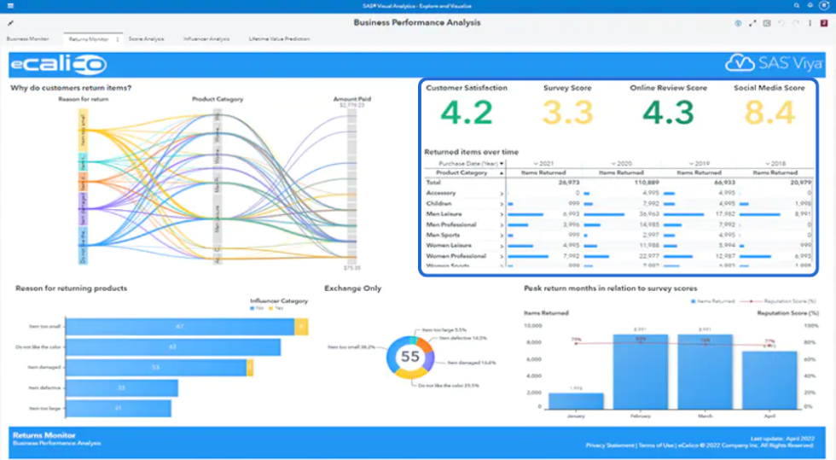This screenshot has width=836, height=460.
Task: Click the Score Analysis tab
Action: (146, 39)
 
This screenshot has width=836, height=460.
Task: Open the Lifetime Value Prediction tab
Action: (279, 39)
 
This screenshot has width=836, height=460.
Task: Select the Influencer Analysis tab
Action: (206, 39)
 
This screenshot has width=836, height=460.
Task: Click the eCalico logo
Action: (58, 64)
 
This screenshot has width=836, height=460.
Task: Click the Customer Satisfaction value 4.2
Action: (468, 113)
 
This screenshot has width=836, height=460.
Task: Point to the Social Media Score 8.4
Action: (769, 113)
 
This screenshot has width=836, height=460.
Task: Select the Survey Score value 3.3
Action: (567, 113)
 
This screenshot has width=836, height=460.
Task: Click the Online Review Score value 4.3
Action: (668, 113)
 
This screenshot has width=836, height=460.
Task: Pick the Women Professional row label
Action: (456, 255)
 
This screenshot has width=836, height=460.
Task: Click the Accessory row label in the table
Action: (442, 193)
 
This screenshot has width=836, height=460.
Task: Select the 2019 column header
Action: (698, 162)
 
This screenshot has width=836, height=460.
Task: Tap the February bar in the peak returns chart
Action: (640, 372)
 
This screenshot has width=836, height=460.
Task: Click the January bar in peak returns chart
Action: (576, 401)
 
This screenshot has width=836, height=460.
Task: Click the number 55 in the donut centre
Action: (410, 356)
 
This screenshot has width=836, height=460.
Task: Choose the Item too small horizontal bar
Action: (179, 326)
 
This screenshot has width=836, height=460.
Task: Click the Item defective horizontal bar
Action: (121, 388)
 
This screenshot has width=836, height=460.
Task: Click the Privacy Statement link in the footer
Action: (610, 445)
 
